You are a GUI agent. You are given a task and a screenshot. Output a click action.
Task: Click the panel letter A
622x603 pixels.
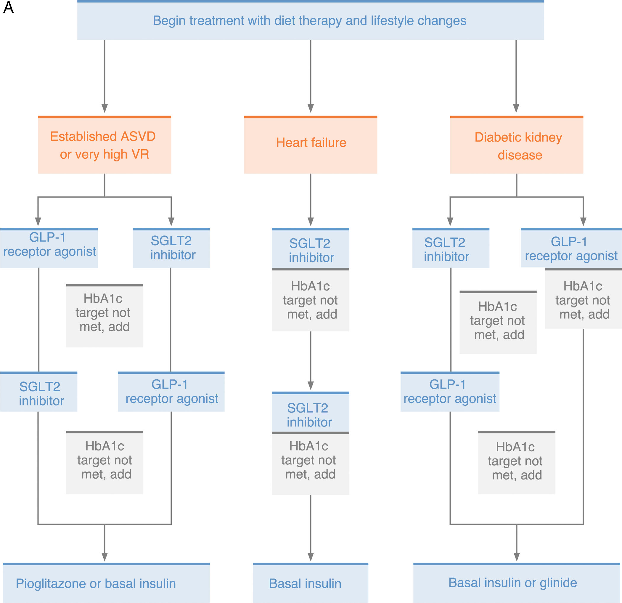pos(9,7)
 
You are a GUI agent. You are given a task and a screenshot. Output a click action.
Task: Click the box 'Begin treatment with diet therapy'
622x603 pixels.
pos(310,20)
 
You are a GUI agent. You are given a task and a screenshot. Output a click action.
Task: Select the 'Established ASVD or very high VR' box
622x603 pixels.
pos(105,145)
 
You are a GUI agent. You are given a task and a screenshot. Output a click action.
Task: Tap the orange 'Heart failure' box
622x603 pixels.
pos(310,145)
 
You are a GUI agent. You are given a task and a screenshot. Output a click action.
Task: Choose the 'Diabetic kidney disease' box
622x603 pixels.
pos(517,145)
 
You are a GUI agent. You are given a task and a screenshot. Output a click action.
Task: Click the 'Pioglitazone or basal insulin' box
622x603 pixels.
pos(106,583)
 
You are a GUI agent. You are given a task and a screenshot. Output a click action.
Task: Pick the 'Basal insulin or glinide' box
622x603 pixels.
pos(517,583)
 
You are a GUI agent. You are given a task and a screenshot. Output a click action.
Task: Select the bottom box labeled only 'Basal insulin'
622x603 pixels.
pos(310,583)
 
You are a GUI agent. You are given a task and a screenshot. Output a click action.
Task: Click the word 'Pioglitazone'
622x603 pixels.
pos(51,584)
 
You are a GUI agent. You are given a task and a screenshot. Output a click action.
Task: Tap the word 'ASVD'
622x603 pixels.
pos(138,137)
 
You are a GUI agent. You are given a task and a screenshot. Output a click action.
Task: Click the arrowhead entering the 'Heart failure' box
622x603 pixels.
pos(311,108)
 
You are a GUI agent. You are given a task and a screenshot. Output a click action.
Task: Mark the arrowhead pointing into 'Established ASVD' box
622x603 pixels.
pos(105,108)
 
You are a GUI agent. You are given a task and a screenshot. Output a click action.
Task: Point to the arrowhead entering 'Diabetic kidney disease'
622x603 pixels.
pos(516,108)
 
